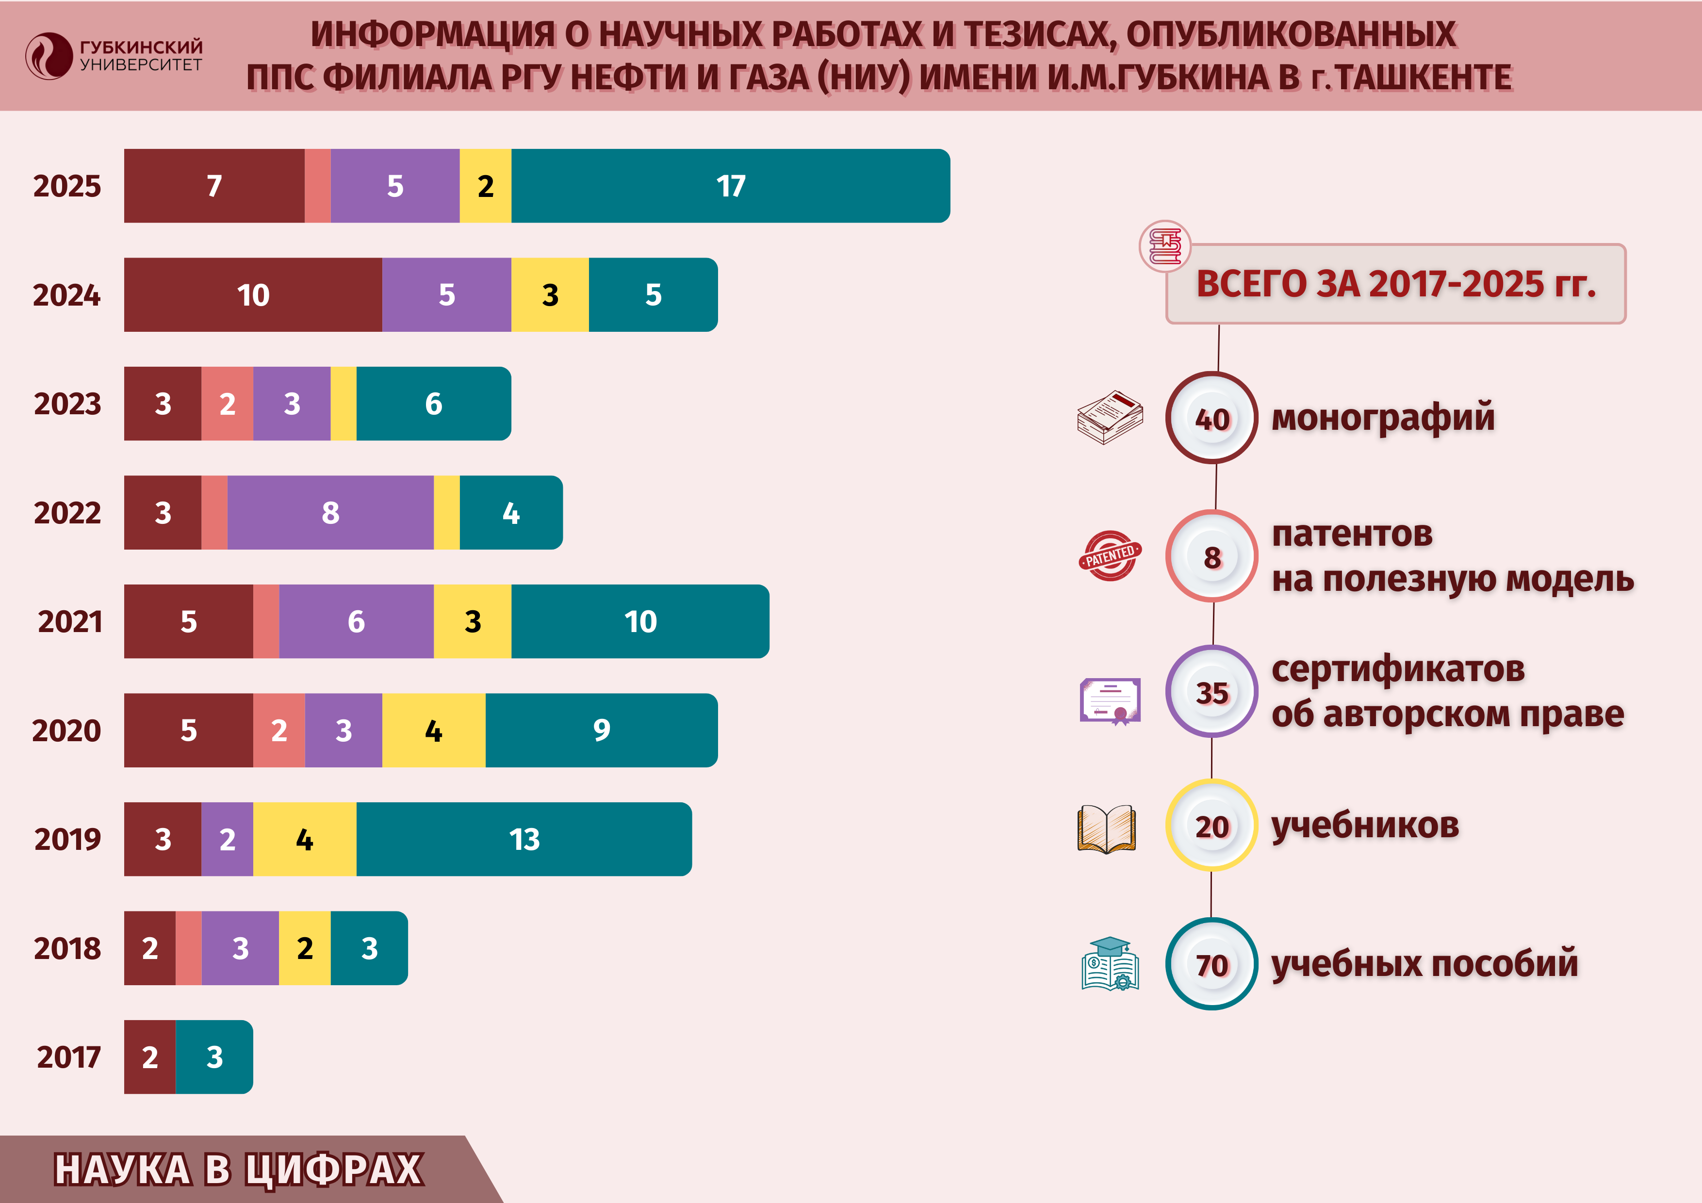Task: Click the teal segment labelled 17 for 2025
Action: click(730, 186)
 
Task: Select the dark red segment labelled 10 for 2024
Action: click(253, 295)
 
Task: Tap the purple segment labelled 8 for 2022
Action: click(330, 513)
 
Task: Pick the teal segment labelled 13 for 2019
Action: click(524, 839)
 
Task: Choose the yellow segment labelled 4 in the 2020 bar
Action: click(434, 731)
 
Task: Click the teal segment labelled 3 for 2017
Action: click(214, 1057)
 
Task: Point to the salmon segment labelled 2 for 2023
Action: click(227, 404)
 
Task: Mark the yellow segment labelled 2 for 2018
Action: click(305, 948)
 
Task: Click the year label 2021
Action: click(70, 622)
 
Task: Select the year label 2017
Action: click(68, 1057)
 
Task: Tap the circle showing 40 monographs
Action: click(1211, 419)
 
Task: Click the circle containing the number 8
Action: click(1211, 557)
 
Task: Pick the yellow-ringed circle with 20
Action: click(1211, 826)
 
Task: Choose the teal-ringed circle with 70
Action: click(1211, 964)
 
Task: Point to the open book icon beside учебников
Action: click(1106, 829)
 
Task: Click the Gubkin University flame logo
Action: click(48, 56)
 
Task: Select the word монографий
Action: click(1382, 417)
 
